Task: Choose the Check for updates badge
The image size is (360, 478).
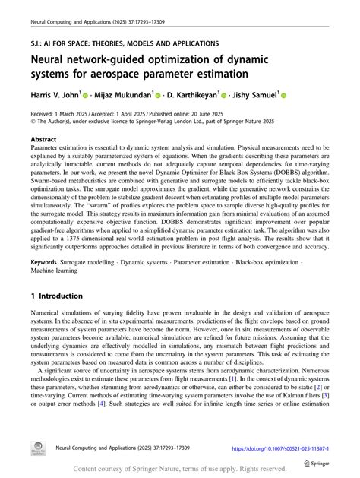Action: pyautogui.click(x=35, y=449)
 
